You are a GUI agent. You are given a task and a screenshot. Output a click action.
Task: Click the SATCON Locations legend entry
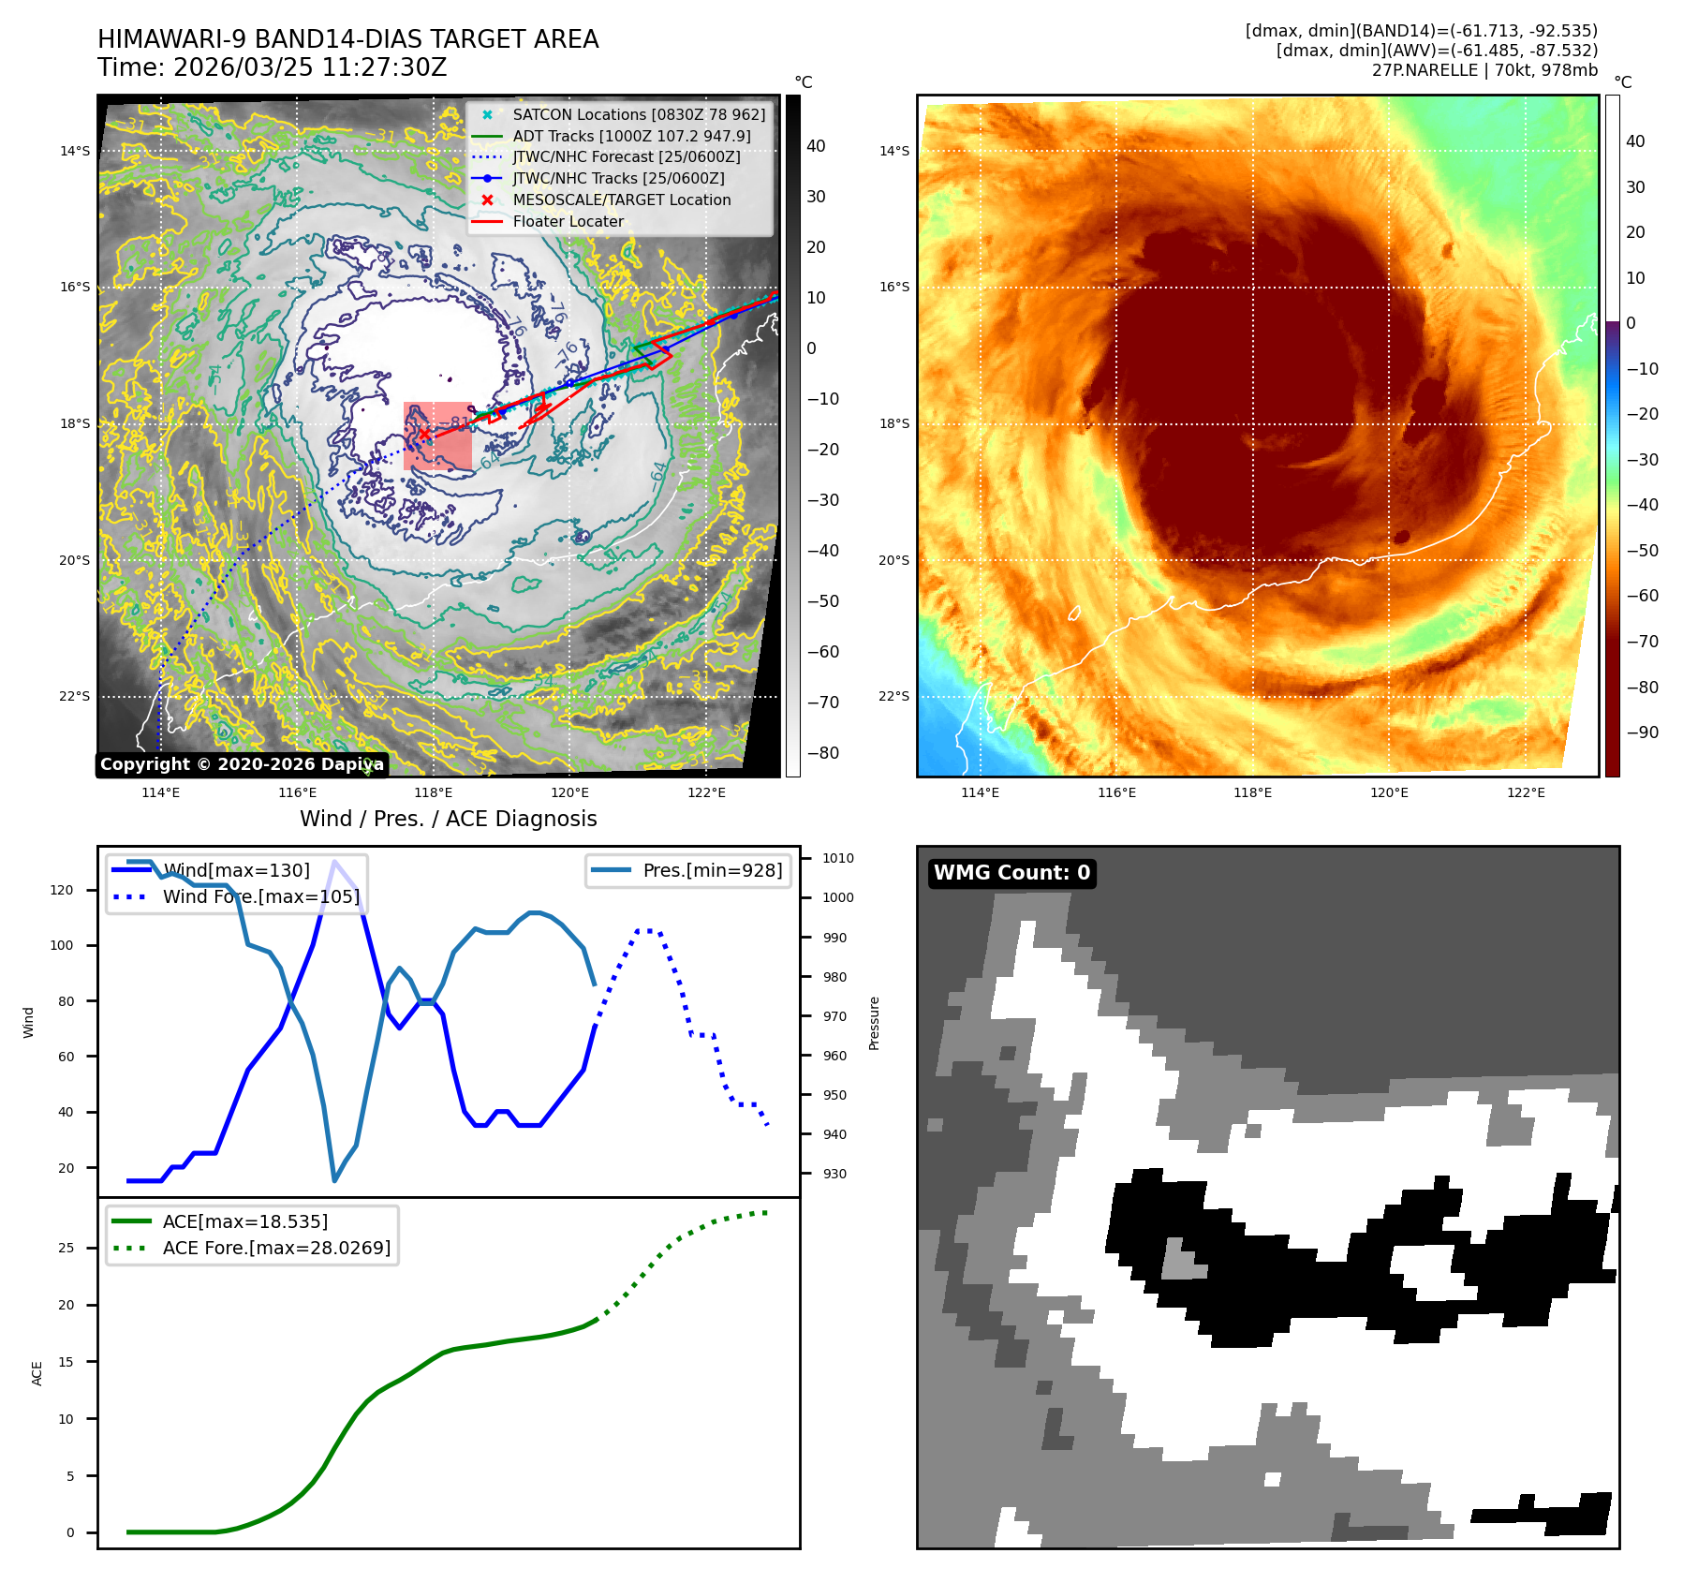(x=639, y=114)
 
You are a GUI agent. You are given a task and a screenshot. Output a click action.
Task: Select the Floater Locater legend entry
(x=568, y=221)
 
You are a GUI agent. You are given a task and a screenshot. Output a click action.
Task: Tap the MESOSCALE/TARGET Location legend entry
(x=621, y=200)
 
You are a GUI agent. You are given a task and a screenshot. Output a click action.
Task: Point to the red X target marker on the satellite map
(x=424, y=434)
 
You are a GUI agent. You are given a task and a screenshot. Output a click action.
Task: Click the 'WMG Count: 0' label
(x=1011, y=873)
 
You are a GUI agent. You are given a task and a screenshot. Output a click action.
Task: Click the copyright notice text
(x=242, y=764)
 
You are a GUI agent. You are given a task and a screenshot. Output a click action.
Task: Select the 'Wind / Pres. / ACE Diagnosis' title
(x=448, y=819)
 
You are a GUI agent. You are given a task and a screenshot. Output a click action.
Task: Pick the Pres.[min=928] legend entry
(x=712, y=870)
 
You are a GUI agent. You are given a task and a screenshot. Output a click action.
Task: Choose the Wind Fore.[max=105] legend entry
(x=260, y=896)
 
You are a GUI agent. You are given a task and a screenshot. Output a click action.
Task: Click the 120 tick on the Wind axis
(x=62, y=890)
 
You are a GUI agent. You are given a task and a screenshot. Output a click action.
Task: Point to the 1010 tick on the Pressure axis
(x=837, y=858)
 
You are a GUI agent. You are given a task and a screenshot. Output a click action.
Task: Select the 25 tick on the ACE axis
(x=66, y=1248)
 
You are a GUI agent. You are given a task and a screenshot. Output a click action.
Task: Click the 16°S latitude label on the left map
(x=75, y=288)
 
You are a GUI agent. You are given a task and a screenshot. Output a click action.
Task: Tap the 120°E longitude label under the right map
(x=1389, y=792)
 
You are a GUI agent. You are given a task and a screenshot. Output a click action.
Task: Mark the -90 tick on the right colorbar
(x=1642, y=732)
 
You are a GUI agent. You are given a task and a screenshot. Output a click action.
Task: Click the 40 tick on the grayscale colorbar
(x=816, y=146)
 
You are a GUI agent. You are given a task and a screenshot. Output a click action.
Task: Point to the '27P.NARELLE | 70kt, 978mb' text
(x=1484, y=70)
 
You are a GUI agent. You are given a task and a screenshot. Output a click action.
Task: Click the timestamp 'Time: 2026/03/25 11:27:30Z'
(x=272, y=67)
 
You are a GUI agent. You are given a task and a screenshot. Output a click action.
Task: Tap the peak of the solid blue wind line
(x=334, y=861)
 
